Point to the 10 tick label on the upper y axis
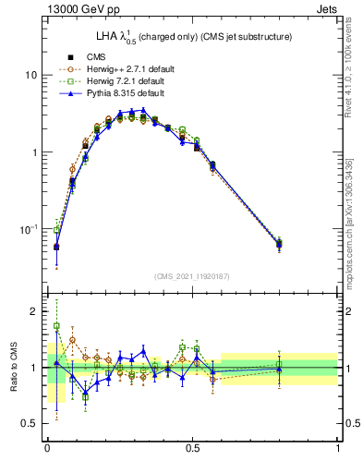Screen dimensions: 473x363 (30, 74)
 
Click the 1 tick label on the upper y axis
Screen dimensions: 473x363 (34, 152)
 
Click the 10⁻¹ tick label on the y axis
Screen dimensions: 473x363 (29, 228)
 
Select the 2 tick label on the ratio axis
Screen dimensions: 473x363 (34, 312)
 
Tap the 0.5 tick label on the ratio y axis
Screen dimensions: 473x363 (30, 423)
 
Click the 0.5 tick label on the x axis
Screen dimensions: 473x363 (192, 450)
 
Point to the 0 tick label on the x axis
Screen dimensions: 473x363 (47, 450)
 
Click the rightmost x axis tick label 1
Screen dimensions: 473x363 (338, 450)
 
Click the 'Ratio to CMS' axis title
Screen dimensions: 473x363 (12, 368)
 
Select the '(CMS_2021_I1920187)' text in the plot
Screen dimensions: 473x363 (192, 276)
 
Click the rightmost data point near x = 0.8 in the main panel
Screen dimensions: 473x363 (280, 244)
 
